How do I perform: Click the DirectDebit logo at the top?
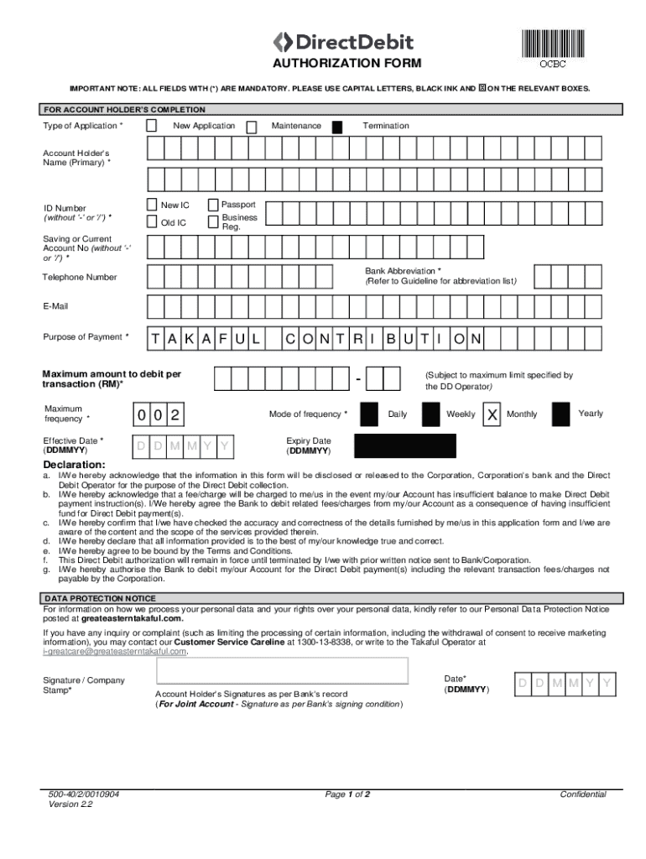(x=344, y=42)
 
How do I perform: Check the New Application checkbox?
(x=152, y=126)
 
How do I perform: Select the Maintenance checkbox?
(x=252, y=127)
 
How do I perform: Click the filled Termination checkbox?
(x=337, y=128)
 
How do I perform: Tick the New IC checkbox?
(x=151, y=206)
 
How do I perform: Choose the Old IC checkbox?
(x=151, y=222)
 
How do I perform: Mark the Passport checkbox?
(x=213, y=206)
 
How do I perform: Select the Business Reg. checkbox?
(x=213, y=222)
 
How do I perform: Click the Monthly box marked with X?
(x=493, y=415)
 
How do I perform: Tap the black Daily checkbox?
(x=368, y=415)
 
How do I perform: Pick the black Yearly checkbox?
(x=561, y=415)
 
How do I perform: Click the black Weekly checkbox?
(x=430, y=415)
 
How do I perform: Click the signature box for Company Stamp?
(x=282, y=671)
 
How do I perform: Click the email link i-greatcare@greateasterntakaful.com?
(x=115, y=651)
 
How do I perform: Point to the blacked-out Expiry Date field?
(x=405, y=446)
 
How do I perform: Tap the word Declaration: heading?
(x=75, y=465)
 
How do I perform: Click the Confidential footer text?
(x=582, y=794)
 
